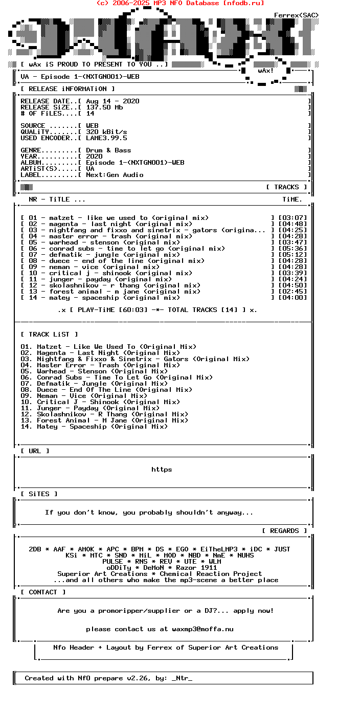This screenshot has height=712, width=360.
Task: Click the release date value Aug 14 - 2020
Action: click(x=112, y=101)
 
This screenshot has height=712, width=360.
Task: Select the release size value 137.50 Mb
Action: click(x=104, y=107)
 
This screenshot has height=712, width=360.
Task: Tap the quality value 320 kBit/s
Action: click(x=106, y=132)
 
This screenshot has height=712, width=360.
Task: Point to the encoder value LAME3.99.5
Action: click(x=106, y=138)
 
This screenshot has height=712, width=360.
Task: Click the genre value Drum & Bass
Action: click(x=108, y=150)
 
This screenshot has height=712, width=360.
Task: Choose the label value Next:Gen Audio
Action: click(x=115, y=175)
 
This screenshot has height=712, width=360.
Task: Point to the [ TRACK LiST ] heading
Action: click(x=49, y=335)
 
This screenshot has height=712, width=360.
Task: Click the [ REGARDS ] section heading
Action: click(x=284, y=531)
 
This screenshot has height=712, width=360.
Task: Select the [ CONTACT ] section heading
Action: click(x=43, y=592)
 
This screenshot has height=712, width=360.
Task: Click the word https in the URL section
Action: click(x=162, y=470)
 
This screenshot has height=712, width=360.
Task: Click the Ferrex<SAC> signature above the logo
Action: click(x=297, y=15)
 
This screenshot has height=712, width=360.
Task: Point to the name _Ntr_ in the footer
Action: click(x=182, y=678)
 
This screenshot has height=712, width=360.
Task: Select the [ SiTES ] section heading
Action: click(x=39, y=494)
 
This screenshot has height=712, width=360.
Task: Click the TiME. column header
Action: click(x=292, y=199)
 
